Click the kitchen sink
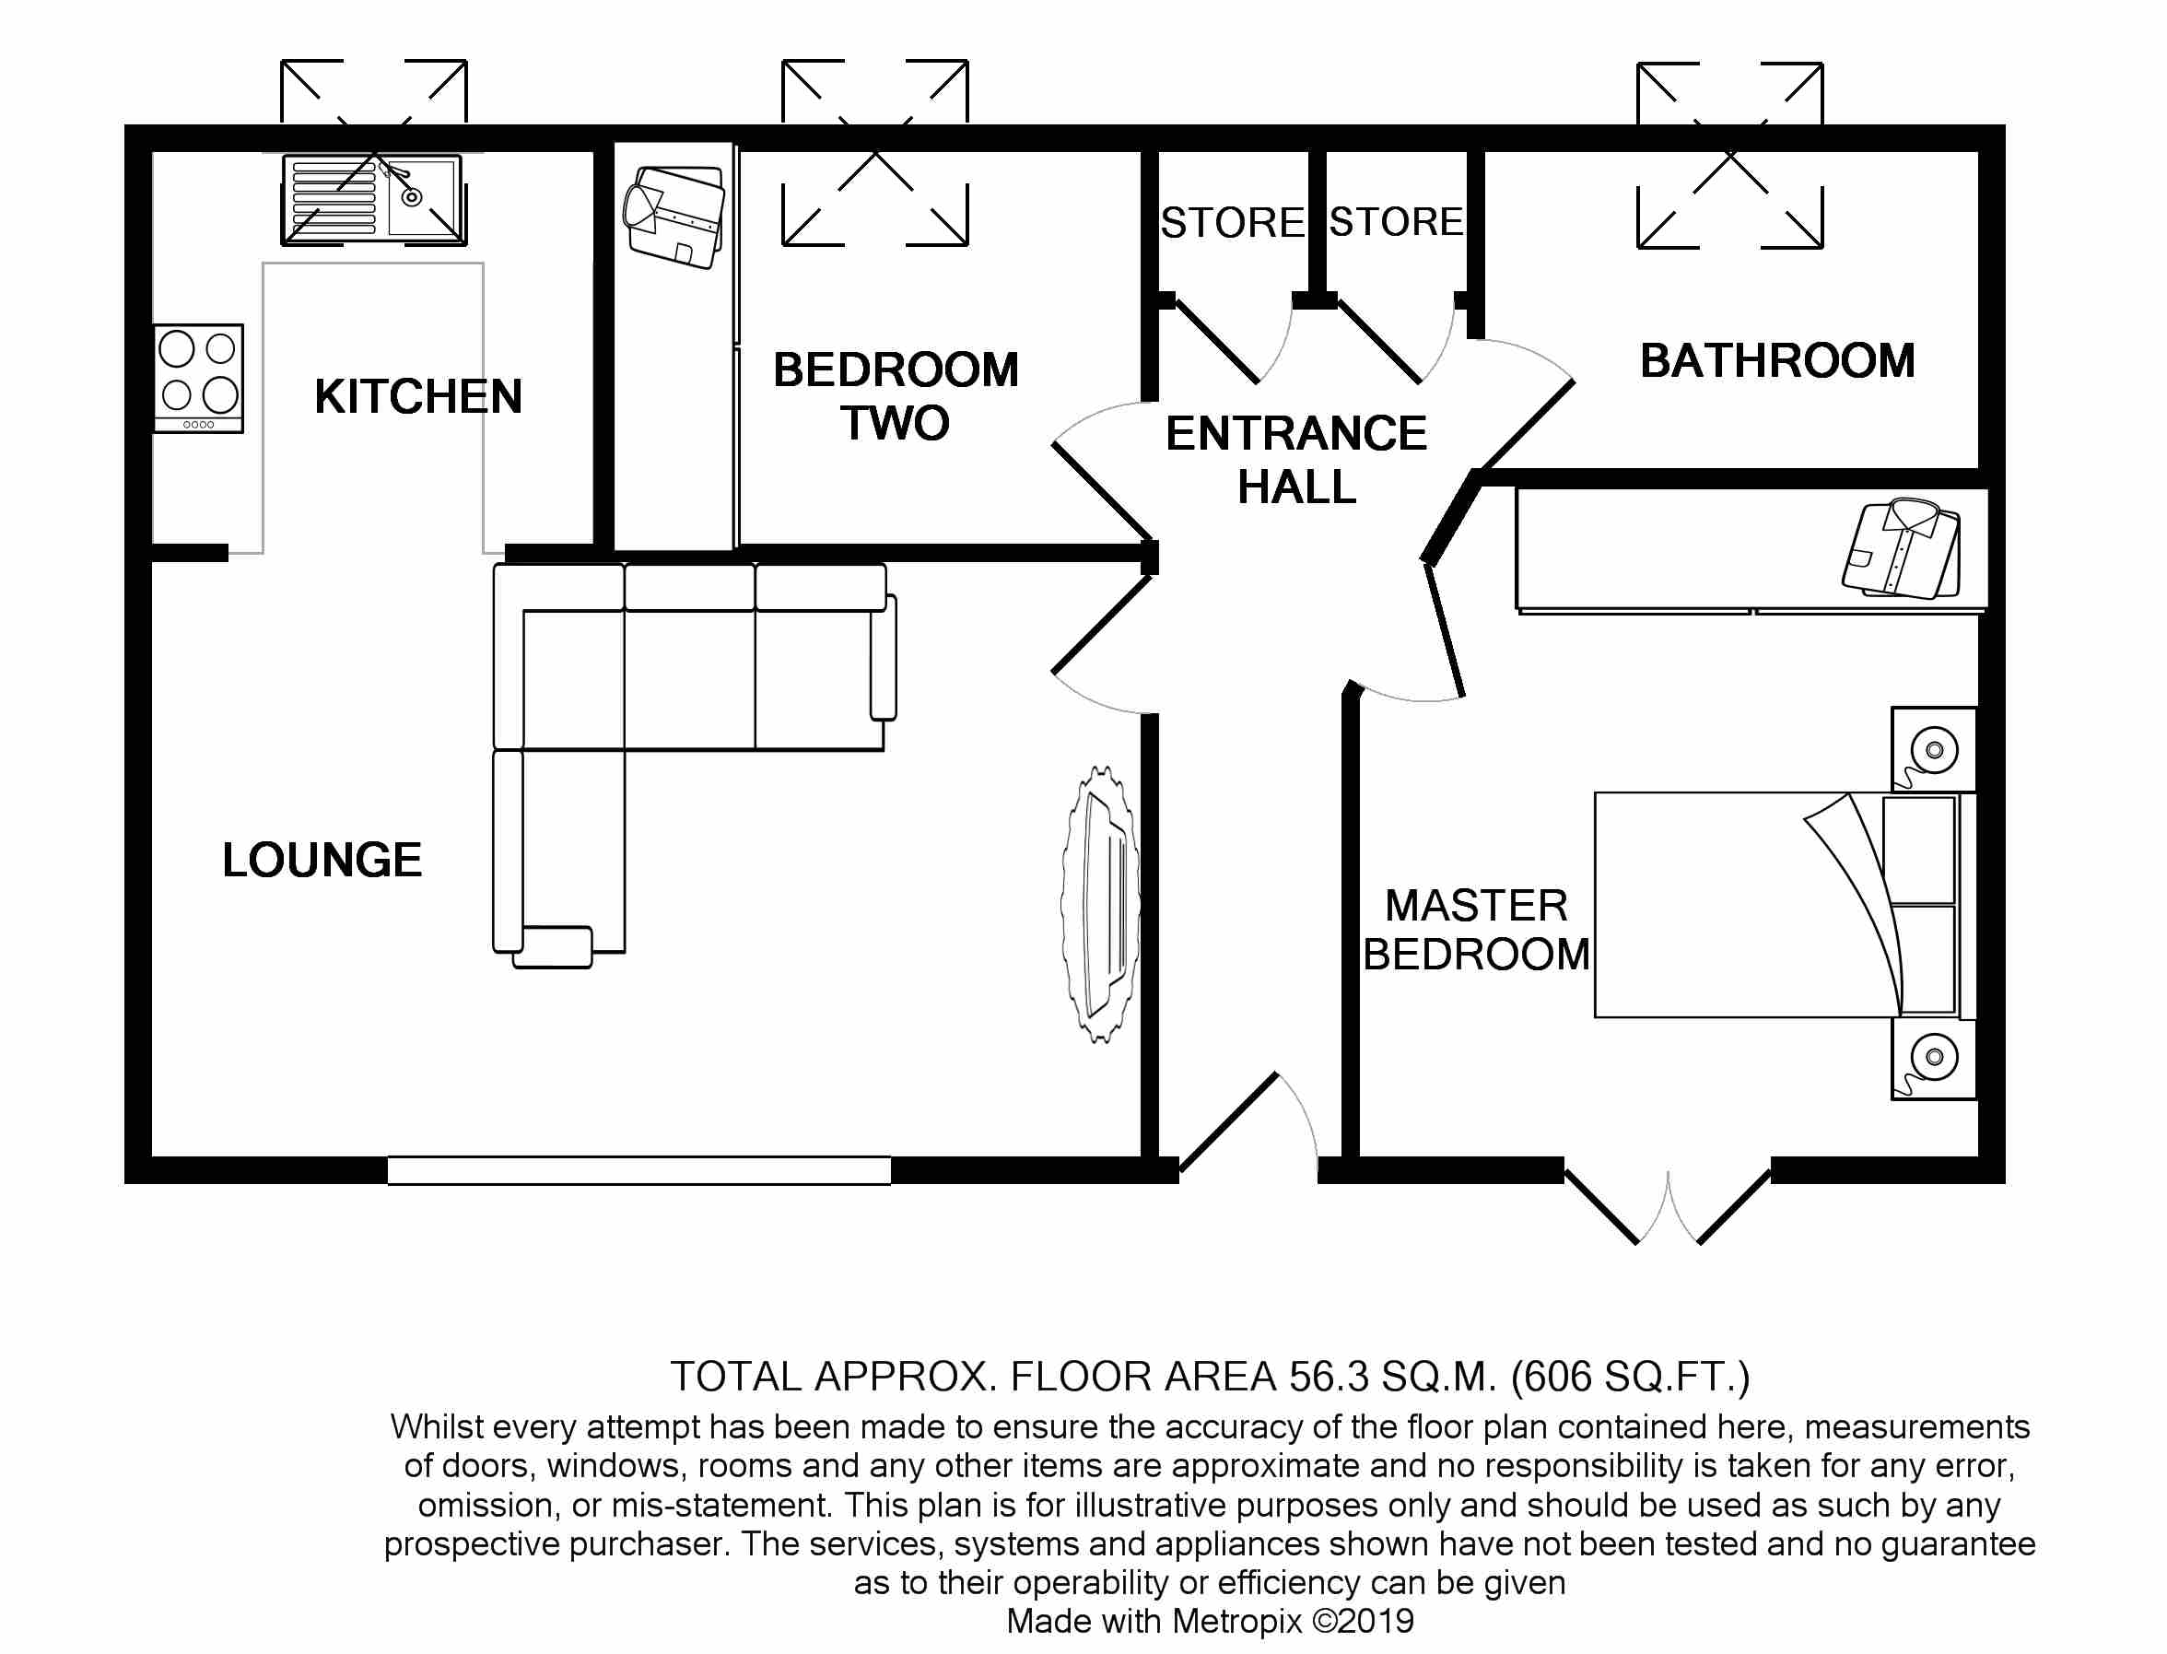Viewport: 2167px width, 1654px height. [x=374, y=200]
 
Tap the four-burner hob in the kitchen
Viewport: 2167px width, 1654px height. [x=199, y=378]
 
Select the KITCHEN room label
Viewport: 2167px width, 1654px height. [x=417, y=397]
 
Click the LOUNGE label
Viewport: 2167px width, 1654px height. [x=322, y=860]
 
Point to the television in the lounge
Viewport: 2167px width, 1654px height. [x=1101, y=904]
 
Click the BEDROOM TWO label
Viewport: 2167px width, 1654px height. [x=895, y=396]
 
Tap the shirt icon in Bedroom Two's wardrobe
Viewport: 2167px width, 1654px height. [x=674, y=217]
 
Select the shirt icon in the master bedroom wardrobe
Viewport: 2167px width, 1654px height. [x=1901, y=548]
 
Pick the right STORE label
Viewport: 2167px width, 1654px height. [x=1396, y=221]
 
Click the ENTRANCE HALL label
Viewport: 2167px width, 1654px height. [x=1295, y=460]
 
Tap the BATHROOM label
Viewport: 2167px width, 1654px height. [x=1777, y=360]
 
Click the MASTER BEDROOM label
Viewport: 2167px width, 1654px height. [x=1476, y=930]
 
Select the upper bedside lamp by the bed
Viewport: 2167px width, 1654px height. [x=1933, y=751]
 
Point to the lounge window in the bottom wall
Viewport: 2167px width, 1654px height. [x=639, y=1170]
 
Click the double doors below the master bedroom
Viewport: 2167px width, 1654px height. [x=1668, y=1206]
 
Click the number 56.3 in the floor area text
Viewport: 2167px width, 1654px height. [x=1329, y=1377]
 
